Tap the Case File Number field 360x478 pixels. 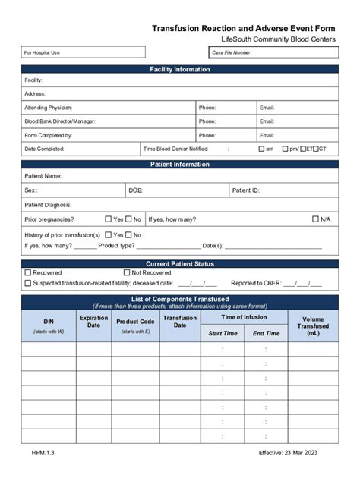273,52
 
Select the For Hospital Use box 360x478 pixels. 83,52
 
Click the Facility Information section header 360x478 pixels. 180,70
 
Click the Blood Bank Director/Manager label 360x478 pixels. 60,121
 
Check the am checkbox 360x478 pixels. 261,149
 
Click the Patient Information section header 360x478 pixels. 180,164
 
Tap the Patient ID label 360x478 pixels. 245,190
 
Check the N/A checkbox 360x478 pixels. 316,219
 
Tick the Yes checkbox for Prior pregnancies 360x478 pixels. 109,219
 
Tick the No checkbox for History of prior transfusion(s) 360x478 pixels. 128,235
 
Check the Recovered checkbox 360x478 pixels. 28,272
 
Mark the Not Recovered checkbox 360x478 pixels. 127,272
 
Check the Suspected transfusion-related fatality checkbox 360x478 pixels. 28,283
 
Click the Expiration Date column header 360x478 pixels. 93,322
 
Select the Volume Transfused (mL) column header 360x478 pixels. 313,326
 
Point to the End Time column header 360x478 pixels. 266,333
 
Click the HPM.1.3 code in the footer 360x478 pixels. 43,453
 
